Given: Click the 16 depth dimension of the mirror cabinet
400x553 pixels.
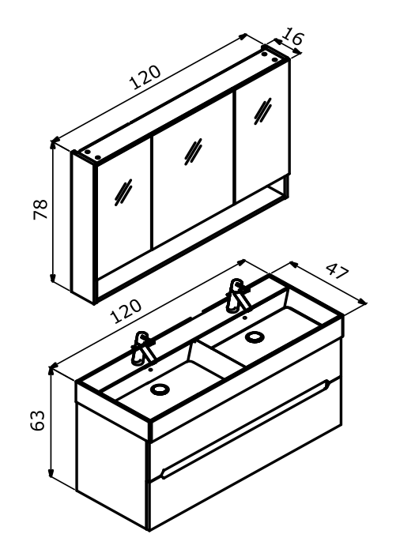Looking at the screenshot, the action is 293,36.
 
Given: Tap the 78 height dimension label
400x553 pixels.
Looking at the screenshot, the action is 40,209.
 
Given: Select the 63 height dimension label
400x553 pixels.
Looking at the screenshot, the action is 37,420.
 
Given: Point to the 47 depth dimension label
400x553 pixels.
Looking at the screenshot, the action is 338,270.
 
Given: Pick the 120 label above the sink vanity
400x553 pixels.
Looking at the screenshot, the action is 126,311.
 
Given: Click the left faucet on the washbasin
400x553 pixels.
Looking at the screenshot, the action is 142,348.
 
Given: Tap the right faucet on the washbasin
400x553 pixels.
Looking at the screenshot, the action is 239,295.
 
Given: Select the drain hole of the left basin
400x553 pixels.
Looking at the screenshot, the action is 160,389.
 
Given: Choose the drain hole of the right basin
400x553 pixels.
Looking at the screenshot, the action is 255,337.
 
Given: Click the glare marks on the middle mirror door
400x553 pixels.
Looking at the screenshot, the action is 193,152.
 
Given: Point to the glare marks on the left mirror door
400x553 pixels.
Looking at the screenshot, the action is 123,192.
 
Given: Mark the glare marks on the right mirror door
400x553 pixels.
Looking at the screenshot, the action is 262,111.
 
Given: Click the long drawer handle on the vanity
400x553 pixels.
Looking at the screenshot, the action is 245,429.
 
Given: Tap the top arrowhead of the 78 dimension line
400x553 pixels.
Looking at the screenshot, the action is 53,144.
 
